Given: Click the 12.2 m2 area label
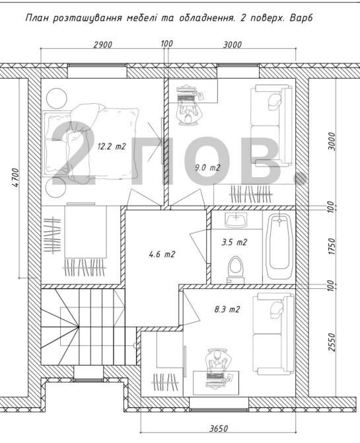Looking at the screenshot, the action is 111,146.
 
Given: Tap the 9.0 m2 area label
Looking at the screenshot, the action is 207,167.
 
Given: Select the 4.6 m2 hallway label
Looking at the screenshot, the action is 162,255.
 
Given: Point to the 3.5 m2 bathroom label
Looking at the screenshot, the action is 234,243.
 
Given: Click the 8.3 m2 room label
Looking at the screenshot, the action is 227,309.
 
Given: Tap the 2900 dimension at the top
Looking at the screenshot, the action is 102,45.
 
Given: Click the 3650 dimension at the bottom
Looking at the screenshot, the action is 219,429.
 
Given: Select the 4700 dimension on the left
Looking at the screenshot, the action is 16,178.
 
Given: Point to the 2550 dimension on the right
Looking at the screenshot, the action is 332,342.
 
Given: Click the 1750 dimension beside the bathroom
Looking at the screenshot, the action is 332,247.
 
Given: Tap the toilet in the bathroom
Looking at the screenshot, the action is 235,269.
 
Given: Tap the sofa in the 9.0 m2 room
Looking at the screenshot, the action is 271,125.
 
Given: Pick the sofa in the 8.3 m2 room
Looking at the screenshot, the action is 273,334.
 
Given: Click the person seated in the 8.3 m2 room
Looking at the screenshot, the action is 217,360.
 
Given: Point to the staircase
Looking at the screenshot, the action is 88,327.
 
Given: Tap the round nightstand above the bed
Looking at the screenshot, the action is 56,98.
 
